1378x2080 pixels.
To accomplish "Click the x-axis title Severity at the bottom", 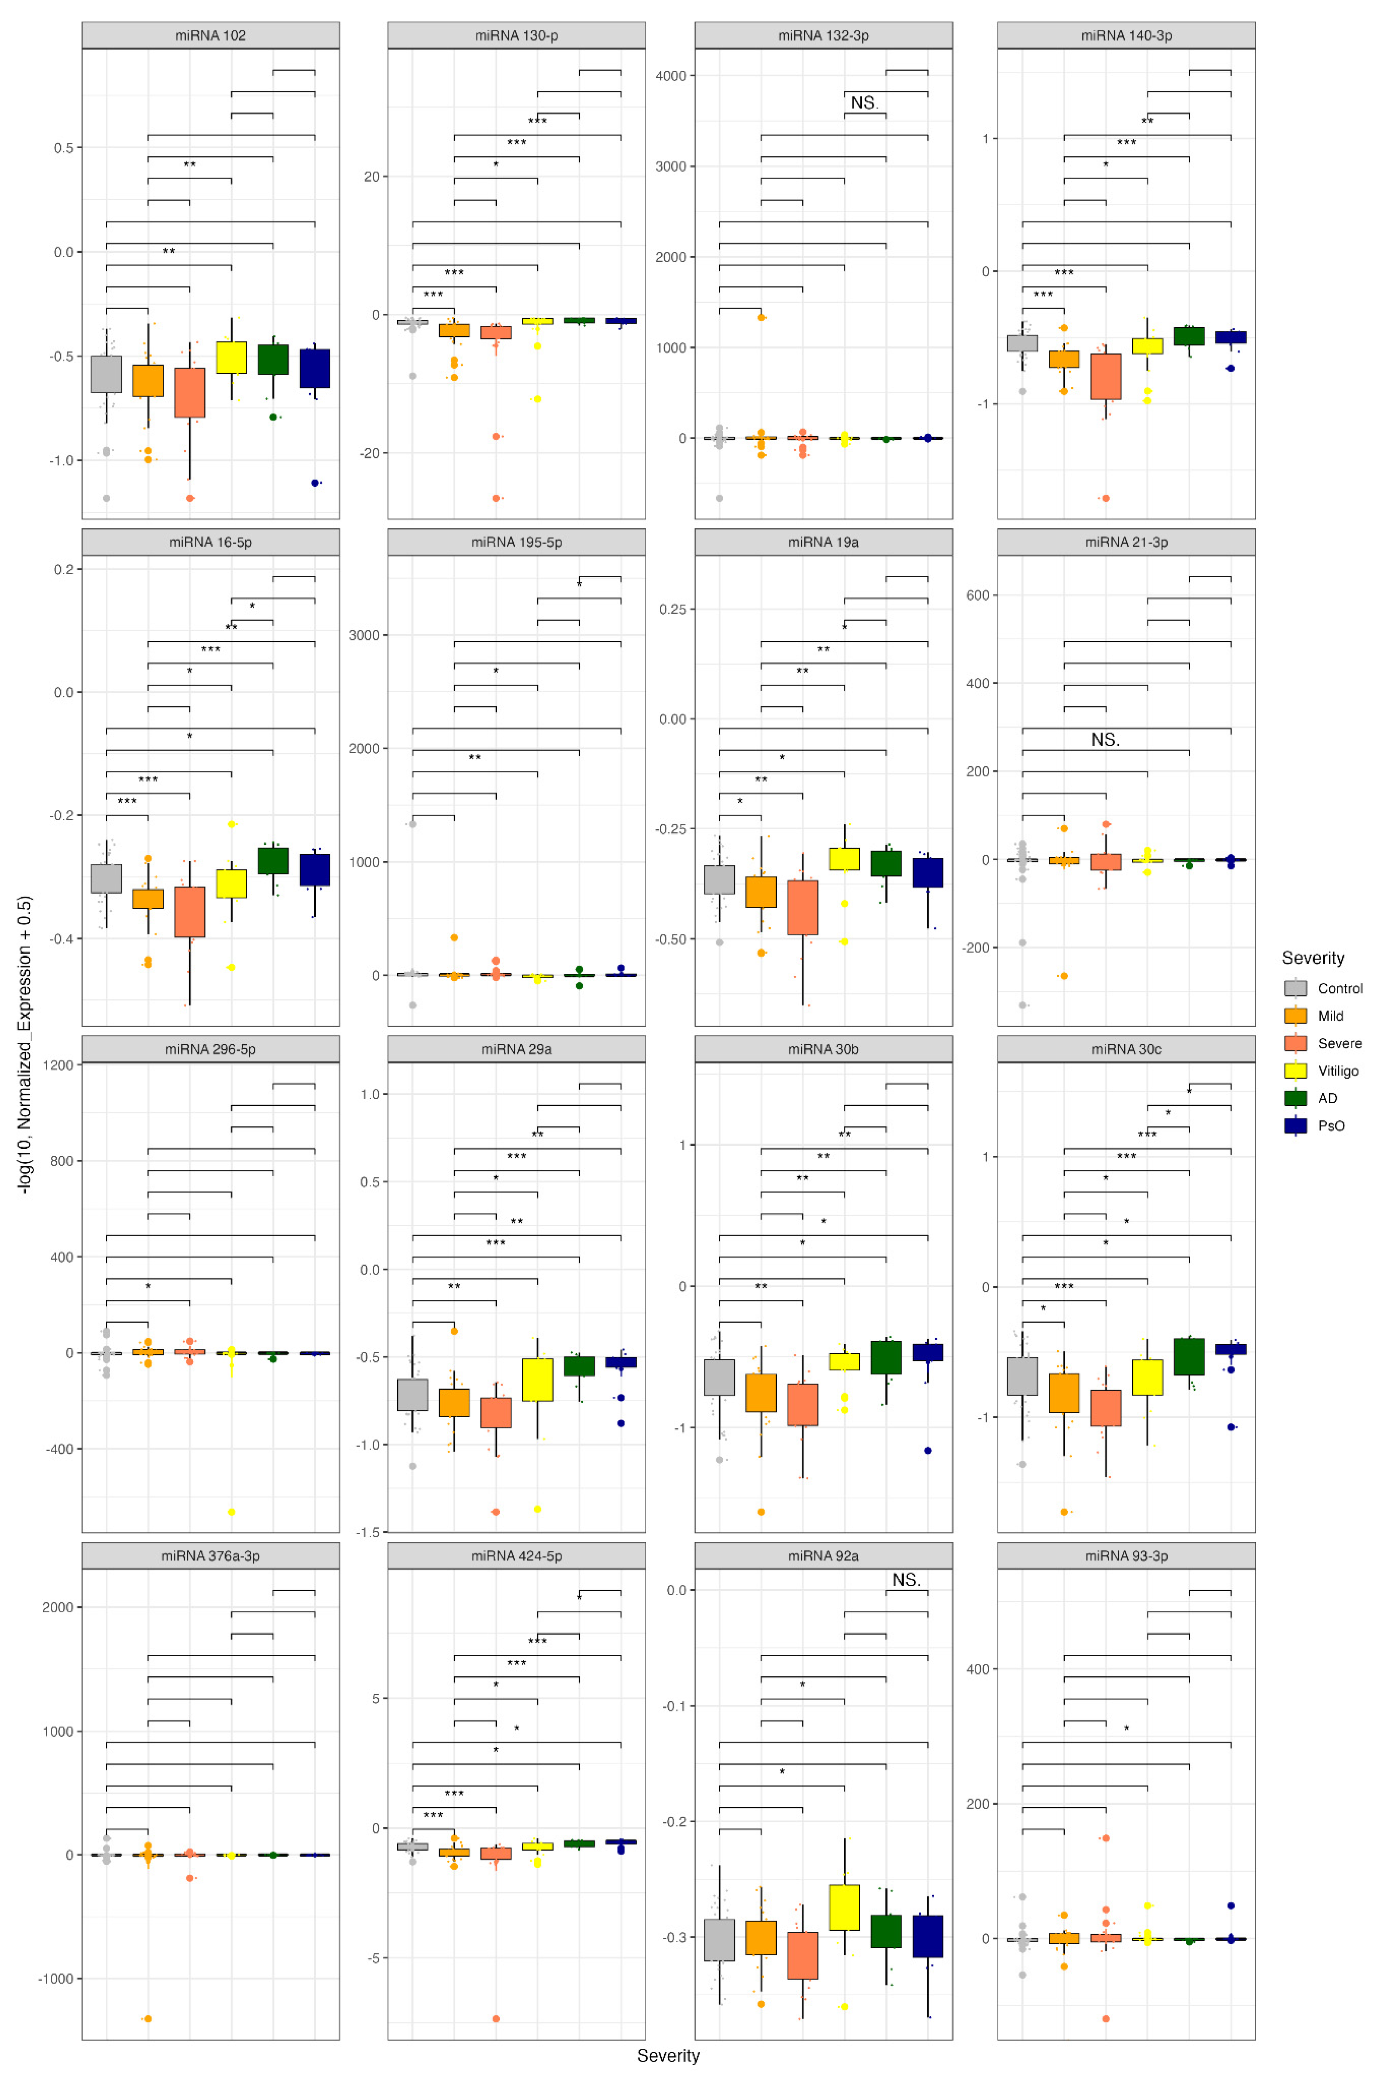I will coord(668,2055).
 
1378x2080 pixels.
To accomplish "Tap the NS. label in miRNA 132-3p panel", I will coord(864,103).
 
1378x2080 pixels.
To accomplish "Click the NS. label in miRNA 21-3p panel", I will coord(1105,740).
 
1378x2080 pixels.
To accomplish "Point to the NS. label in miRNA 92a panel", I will coord(906,1580).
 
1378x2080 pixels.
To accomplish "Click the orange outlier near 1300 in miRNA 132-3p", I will coord(761,317).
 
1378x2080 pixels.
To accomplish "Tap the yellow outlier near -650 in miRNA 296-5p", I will coord(231,1511).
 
